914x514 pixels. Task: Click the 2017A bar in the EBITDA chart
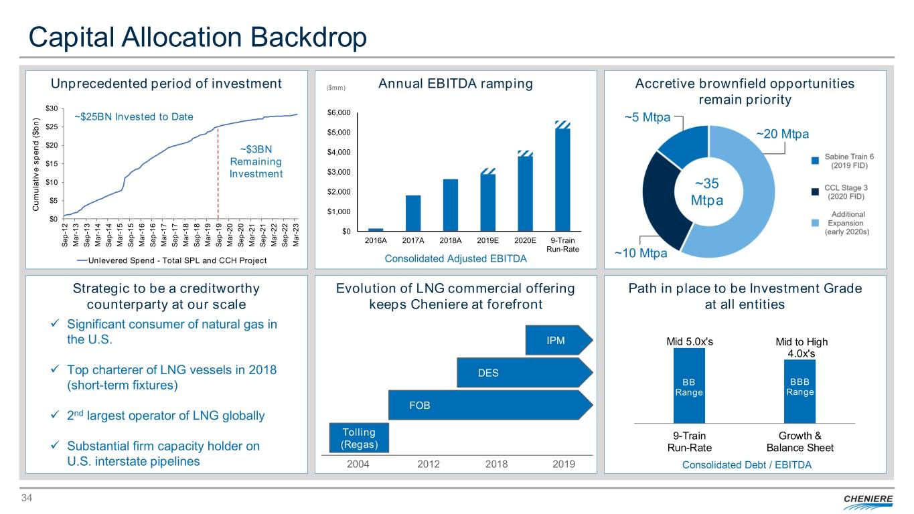[x=413, y=213]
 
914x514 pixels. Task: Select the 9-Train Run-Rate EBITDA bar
[x=562, y=179]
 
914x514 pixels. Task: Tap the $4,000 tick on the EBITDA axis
[x=339, y=152]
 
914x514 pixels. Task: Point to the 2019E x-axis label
[x=487, y=241]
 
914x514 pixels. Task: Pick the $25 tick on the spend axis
[x=51, y=127]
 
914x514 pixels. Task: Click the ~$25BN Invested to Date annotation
[x=133, y=117]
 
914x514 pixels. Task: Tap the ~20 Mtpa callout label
[x=782, y=135]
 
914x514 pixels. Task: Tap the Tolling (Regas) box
[x=359, y=438]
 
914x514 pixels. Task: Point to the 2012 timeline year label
[x=428, y=464]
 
